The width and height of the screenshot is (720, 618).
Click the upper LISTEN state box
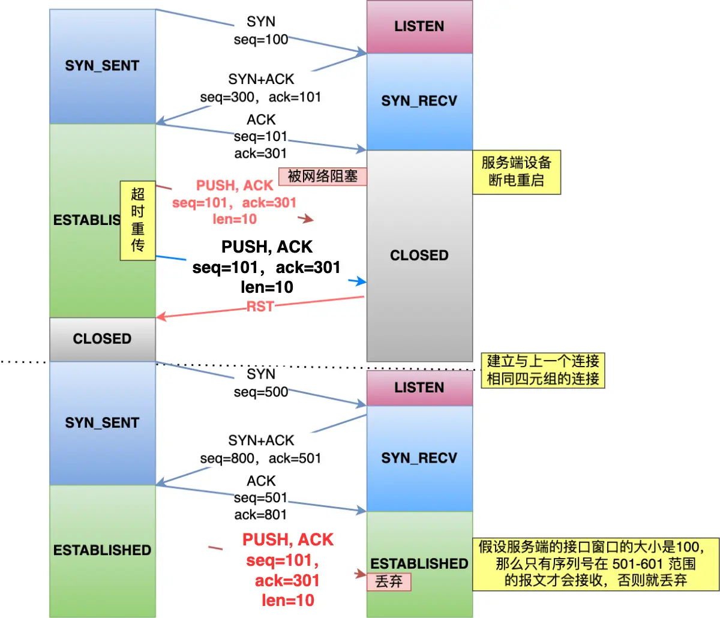pyautogui.click(x=419, y=26)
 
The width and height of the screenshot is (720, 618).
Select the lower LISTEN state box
pyautogui.click(x=419, y=388)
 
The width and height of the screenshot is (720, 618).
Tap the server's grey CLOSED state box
pyautogui.click(x=419, y=256)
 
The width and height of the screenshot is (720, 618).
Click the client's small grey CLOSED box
pyautogui.click(x=102, y=339)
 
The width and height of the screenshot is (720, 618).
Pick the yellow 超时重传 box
pyautogui.click(x=138, y=220)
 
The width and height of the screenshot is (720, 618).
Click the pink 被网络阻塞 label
pyautogui.click(x=323, y=176)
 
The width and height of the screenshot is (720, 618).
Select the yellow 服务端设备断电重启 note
pyautogui.click(x=517, y=172)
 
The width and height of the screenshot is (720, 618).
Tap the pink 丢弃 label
pyautogui.click(x=389, y=581)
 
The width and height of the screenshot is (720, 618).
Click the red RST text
pyautogui.click(x=260, y=307)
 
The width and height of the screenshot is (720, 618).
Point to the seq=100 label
pyautogui.click(x=261, y=40)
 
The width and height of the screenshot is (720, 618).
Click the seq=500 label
pyautogui.click(x=261, y=392)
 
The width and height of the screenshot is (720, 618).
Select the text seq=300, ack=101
pyautogui.click(x=261, y=97)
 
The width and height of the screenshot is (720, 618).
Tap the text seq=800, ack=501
pyautogui.click(x=261, y=458)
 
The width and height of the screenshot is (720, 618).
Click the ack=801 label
pyautogui.click(x=261, y=515)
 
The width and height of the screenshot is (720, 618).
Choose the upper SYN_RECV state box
pyautogui.click(x=419, y=101)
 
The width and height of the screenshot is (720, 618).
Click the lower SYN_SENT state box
pyautogui.click(x=102, y=423)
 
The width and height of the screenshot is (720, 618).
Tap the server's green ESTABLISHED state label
pyautogui.click(x=419, y=563)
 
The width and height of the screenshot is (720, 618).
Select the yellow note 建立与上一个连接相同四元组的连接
pyautogui.click(x=543, y=370)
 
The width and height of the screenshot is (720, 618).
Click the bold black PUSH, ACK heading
pyautogui.click(x=267, y=247)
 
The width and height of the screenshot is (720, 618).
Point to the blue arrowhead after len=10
pyautogui.click(x=360, y=281)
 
